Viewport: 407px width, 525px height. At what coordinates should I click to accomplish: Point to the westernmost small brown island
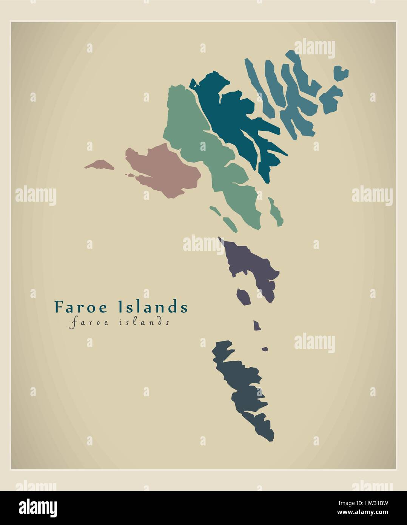pyautogui.click(x=99, y=165)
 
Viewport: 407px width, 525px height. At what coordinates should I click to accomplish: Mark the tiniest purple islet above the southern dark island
pyautogui.click(x=265, y=349)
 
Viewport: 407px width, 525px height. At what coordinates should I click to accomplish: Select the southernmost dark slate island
pyautogui.click(x=242, y=389)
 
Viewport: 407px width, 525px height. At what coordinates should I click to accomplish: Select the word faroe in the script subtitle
pyautogui.click(x=87, y=322)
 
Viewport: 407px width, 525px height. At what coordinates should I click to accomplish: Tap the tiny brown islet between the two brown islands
pyautogui.click(x=130, y=175)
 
